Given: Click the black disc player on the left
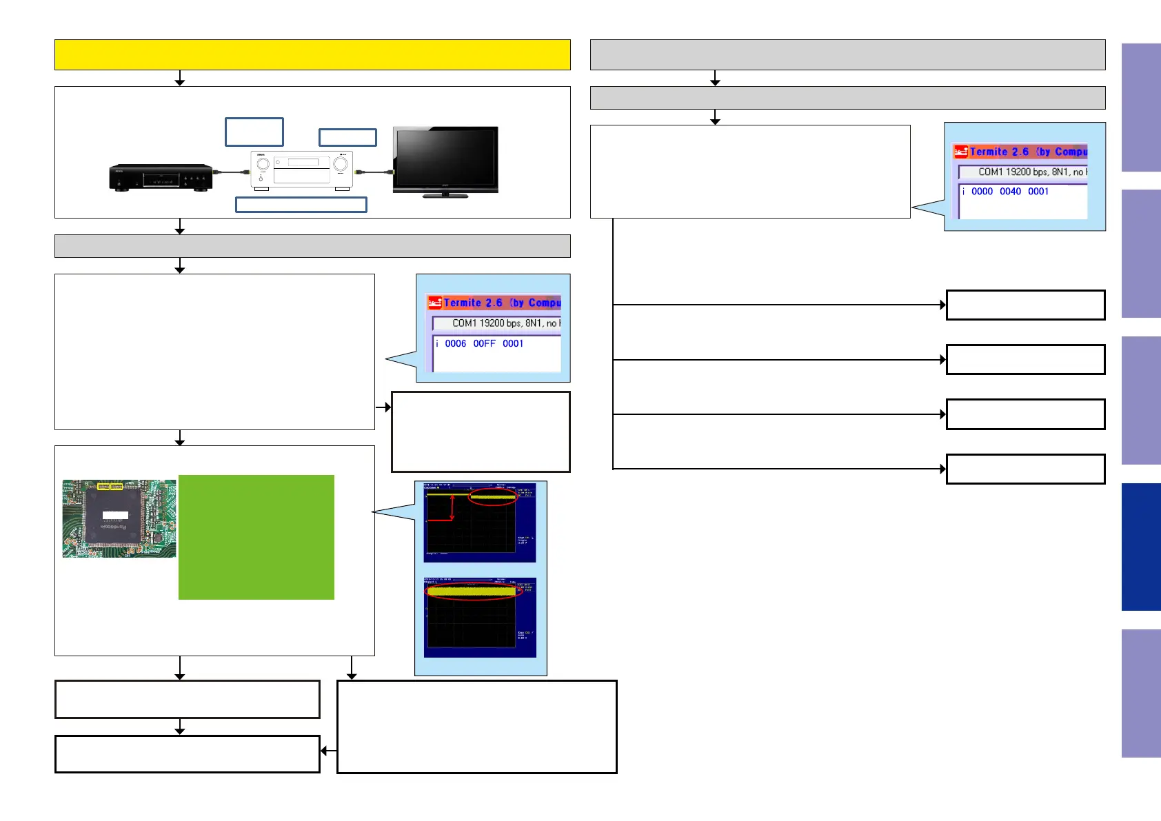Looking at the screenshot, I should (x=161, y=177).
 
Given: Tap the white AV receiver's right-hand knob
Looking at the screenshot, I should (x=341, y=164).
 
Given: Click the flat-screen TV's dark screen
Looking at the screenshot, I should (x=445, y=157).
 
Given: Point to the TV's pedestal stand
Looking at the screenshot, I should (x=445, y=195).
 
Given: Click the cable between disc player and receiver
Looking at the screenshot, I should (x=231, y=172).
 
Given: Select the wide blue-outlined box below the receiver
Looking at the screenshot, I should (x=301, y=204).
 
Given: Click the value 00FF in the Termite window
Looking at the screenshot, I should (x=484, y=343).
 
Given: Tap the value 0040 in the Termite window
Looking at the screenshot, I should (x=1010, y=192).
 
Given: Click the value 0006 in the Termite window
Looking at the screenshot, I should (x=455, y=343).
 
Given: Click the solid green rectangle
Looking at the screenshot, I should (x=256, y=537).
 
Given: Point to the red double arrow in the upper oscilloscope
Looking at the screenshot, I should (x=452, y=508).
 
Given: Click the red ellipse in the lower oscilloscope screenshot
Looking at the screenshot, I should (x=470, y=591).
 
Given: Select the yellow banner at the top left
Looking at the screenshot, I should (x=312, y=54).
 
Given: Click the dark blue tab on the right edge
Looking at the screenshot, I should (x=1141, y=547).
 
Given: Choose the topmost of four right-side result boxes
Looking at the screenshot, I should (x=1025, y=305).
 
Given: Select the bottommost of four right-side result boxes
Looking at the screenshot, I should (x=1025, y=469).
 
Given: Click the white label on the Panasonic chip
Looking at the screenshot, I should (x=115, y=515).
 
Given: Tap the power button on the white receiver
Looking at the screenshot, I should (x=261, y=179).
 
